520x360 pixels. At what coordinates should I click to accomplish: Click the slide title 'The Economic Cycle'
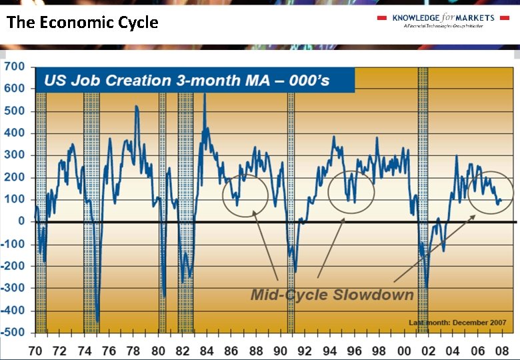(x=83, y=22)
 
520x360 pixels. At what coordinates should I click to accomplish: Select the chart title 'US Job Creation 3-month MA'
(x=187, y=81)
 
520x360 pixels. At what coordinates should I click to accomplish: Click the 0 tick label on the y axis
(x=21, y=221)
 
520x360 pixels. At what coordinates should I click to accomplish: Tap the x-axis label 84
(x=207, y=350)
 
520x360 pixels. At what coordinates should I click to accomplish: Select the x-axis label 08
(x=502, y=350)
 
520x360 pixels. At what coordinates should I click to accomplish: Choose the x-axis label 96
(x=354, y=350)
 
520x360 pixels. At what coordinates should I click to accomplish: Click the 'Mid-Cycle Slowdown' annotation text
(x=332, y=294)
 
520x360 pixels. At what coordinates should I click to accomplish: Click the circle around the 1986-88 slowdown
(x=245, y=195)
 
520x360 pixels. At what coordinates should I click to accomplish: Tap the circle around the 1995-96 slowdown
(x=351, y=192)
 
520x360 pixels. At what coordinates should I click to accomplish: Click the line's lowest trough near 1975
(x=98, y=321)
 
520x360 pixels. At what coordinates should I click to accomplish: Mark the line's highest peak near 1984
(x=204, y=95)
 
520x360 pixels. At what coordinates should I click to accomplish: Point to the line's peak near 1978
(x=136, y=106)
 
